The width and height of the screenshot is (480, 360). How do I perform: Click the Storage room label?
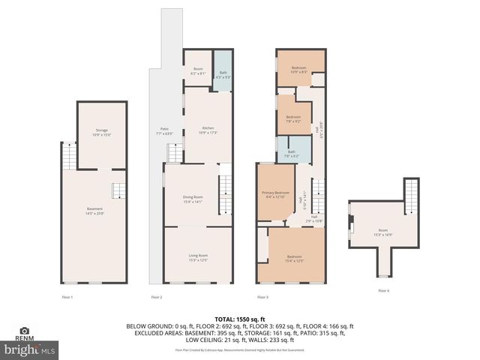point(101,133)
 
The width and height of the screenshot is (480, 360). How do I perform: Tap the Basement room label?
point(94,210)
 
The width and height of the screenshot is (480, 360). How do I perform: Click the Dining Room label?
point(193,199)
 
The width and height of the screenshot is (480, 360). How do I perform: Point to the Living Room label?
point(198,258)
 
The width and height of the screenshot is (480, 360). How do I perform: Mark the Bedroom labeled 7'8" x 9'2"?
point(292,118)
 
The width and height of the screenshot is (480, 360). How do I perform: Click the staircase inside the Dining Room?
point(226,194)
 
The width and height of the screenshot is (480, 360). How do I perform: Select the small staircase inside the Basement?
point(118,190)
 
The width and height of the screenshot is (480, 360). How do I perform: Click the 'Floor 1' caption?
point(67,298)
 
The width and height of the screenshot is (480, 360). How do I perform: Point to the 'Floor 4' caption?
point(383,290)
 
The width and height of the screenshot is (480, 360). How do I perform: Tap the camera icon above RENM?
point(25,331)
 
